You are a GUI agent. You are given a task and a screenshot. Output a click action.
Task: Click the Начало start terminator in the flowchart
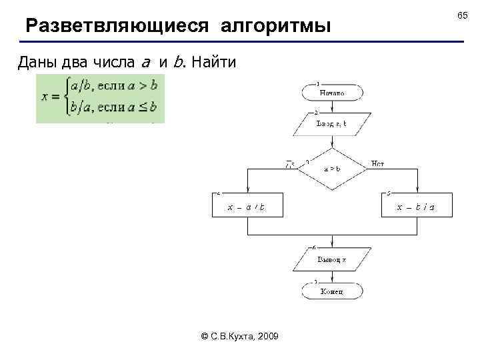(x=331, y=93)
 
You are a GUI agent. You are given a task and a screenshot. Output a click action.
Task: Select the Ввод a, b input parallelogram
(x=331, y=124)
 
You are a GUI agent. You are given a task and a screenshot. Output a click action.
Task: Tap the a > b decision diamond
(x=331, y=169)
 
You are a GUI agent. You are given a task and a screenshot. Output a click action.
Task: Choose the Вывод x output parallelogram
(x=331, y=259)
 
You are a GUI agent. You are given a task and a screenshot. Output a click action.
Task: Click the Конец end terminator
(x=331, y=292)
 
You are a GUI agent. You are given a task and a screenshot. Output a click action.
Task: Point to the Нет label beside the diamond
(x=377, y=163)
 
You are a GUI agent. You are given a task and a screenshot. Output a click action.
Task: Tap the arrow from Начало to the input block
(x=331, y=107)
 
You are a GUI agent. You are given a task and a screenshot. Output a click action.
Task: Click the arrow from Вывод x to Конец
(x=331, y=277)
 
